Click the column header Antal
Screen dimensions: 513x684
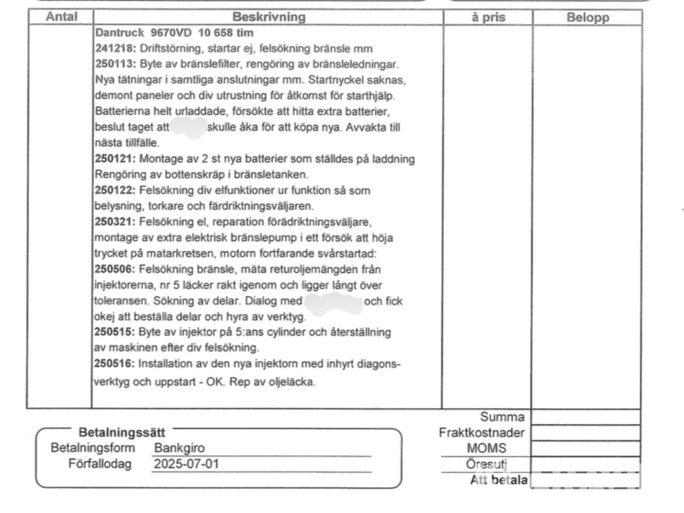61,17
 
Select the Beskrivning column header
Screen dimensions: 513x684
268,17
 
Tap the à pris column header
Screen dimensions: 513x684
487,17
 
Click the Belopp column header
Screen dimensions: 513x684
587,17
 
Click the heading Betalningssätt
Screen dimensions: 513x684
122,432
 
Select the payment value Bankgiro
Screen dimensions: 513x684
179,448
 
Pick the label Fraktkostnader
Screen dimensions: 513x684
482,432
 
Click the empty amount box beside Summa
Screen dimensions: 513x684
585,417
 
